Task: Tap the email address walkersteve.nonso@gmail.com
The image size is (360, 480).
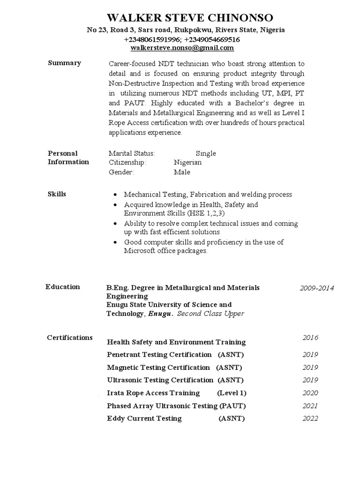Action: click(x=182, y=48)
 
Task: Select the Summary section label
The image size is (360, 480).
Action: click(x=64, y=63)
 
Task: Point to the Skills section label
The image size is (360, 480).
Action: click(x=57, y=194)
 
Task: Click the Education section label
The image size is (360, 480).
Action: click(x=62, y=287)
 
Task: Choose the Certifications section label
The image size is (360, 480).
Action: click(x=70, y=337)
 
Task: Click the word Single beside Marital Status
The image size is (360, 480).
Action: click(x=206, y=153)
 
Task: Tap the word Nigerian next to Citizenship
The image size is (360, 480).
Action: click(x=187, y=162)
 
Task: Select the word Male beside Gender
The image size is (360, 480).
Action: click(x=182, y=172)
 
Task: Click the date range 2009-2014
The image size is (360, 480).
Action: click(x=317, y=288)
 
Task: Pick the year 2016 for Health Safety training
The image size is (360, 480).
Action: click(x=310, y=337)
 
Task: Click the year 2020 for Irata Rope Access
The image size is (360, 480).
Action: click(x=310, y=393)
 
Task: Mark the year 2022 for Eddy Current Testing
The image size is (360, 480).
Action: click(x=310, y=418)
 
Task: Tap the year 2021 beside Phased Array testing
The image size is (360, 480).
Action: click(x=310, y=405)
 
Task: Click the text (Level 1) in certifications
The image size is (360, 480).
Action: click(x=232, y=393)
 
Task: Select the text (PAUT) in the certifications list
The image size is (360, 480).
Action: click(x=233, y=405)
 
